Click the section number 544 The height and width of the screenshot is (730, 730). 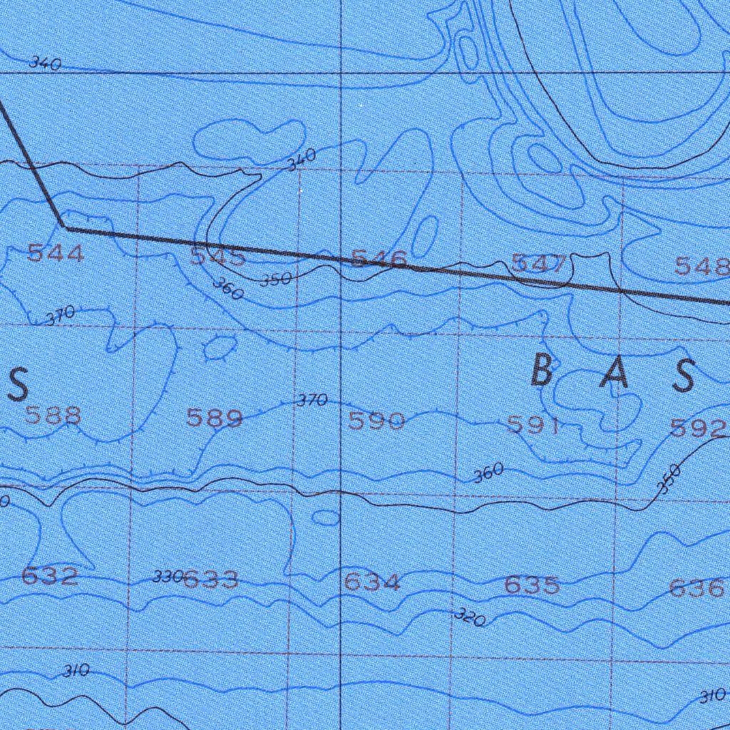[55, 252]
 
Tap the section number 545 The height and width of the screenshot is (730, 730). [217, 257]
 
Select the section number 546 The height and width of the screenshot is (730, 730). [379, 259]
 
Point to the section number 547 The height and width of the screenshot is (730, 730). [540, 264]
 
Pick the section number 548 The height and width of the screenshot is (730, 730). [702, 267]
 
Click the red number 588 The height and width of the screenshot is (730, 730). [53, 415]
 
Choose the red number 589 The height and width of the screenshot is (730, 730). [214, 418]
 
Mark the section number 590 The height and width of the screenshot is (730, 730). [376, 422]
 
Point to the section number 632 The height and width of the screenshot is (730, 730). [50, 576]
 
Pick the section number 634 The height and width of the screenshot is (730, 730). [371, 583]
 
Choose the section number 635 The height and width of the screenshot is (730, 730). [532, 586]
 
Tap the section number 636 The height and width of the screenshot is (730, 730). [696, 589]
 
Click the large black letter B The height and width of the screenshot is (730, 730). [543, 371]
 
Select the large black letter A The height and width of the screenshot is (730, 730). [614, 374]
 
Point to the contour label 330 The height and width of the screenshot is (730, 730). [168, 577]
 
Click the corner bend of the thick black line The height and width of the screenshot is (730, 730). [64, 227]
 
